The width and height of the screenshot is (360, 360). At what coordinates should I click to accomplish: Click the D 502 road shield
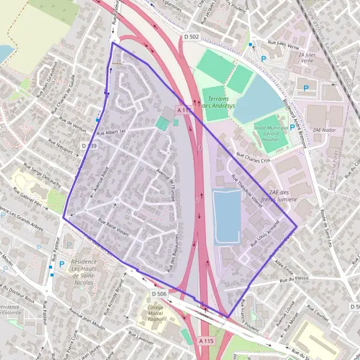pos(191,37)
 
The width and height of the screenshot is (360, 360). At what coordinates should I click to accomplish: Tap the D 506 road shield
pos(159,294)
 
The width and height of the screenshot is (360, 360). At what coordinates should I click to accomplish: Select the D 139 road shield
pos(88,146)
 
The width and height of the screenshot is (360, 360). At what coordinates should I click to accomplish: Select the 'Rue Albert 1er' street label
pos(113,131)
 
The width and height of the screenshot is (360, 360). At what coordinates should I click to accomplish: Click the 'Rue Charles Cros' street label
pos(254,158)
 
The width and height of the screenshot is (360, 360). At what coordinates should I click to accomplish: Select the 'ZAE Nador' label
pos(325,130)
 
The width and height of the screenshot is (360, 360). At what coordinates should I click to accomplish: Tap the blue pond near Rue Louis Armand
pos(226,216)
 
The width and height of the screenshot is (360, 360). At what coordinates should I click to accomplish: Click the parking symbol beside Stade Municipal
pos(292,127)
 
